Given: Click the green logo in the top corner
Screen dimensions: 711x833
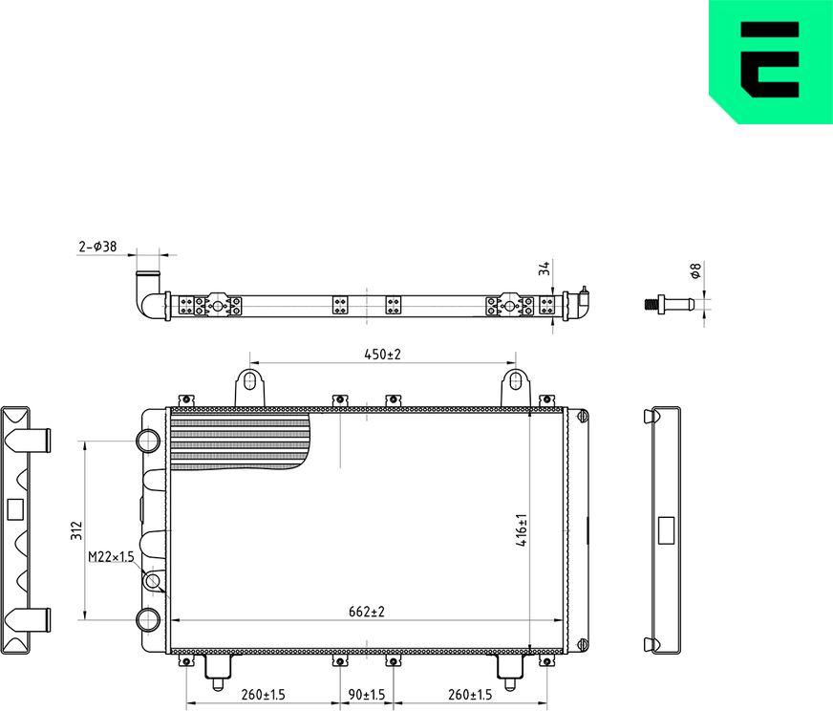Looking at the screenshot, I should point(770,61).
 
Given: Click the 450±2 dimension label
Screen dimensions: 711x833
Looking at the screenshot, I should point(382,355).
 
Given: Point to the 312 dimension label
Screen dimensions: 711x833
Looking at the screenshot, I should point(77,530).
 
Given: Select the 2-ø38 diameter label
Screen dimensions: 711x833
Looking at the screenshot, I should point(97,247).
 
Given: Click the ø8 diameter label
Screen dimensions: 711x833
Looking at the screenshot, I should point(695,271).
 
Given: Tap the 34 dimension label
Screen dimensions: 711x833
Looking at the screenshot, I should point(545,269).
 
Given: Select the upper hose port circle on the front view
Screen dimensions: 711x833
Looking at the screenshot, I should point(150,441).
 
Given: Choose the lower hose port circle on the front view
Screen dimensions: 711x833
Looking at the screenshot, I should point(150,619).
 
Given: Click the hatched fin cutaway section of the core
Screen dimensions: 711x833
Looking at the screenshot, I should point(239,442).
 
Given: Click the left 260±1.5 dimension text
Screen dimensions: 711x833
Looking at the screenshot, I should point(263,695).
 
